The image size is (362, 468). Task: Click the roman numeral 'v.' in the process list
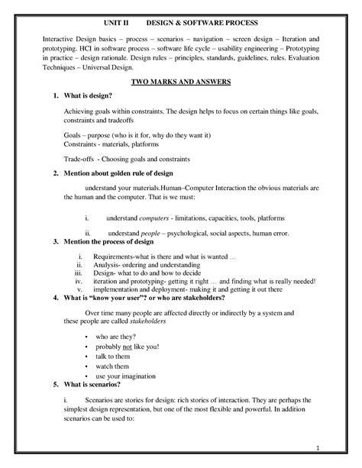[79, 289]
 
